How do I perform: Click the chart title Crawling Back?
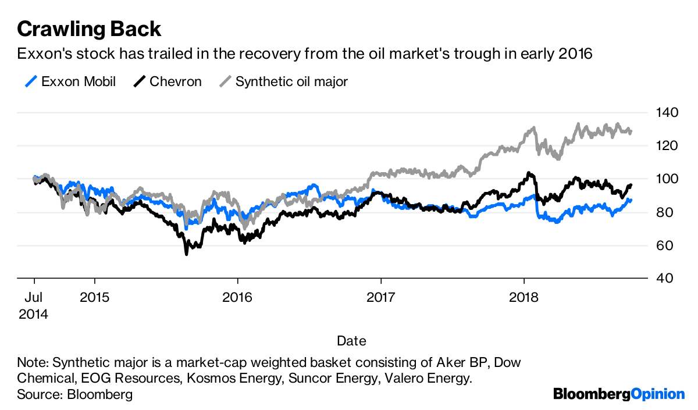89,28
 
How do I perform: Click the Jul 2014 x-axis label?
33,306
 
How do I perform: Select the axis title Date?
351,340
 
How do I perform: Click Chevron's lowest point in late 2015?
186,254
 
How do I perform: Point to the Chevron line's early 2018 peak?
528,173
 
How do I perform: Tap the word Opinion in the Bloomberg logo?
658,394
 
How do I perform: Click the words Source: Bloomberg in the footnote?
75,394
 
